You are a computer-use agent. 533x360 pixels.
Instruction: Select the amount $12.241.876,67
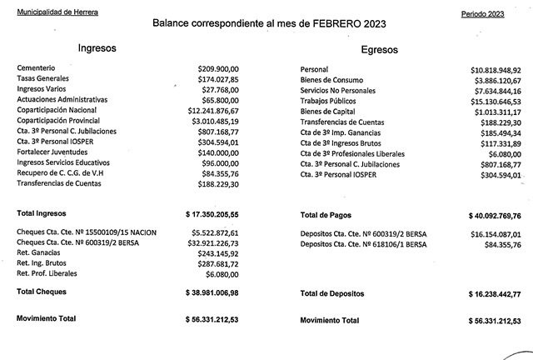click(x=213, y=109)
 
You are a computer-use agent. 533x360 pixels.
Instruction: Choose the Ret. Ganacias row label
click(x=40, y=252)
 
